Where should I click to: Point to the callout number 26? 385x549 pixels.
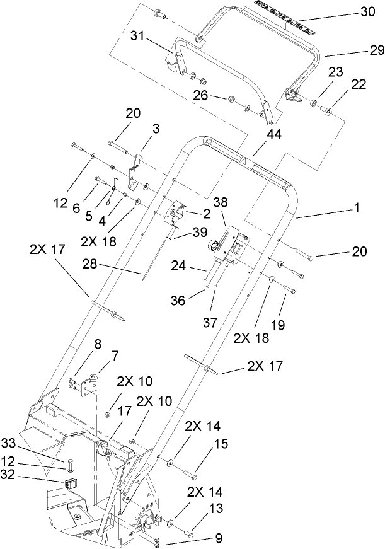pyautogui.click(x=201, y=96)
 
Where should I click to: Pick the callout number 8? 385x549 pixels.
pyautogui.click(x=97, y=345)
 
